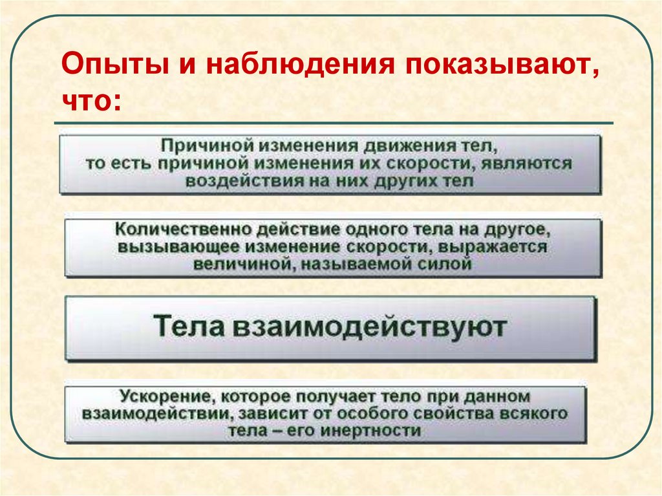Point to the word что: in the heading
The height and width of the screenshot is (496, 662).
click(91, 101)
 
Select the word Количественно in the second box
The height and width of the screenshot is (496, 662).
click(181, 230)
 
